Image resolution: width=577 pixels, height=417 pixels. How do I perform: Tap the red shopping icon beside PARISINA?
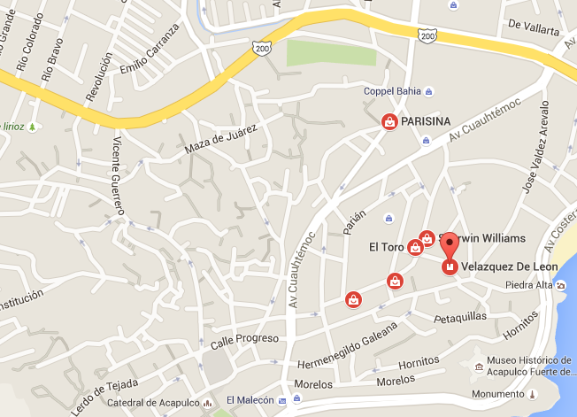(389, 122)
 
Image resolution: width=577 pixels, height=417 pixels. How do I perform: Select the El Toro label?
(386, 247)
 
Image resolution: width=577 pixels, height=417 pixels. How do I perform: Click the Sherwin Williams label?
(489, 238)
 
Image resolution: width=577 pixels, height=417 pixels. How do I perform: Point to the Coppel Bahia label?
(392, 91)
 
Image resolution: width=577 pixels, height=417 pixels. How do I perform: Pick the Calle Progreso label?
(245, 339)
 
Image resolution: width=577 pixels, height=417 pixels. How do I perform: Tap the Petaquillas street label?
(460, 317)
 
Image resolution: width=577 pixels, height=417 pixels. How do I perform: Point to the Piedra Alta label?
(528, 285)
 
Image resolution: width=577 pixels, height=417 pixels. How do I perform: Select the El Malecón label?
(250, 399)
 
